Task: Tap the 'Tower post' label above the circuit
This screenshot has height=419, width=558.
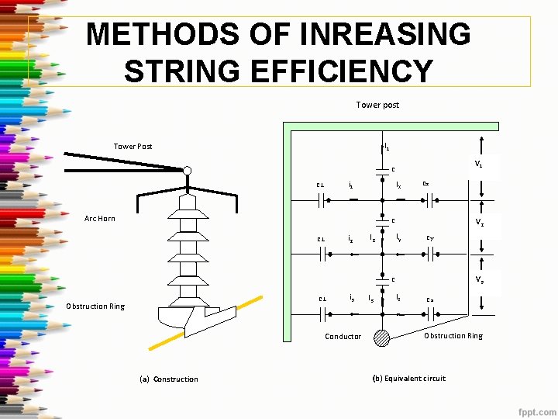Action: [377, 105]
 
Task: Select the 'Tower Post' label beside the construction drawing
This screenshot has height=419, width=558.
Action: [133, 146]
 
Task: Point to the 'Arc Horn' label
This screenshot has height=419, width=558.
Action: [101, 218]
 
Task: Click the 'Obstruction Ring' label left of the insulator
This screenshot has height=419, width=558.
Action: [95, 306]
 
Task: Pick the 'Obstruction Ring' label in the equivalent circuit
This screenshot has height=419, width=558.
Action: [453, 335]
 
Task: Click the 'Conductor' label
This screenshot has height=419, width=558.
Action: [343, 336]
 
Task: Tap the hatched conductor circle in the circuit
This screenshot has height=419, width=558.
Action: [382, 338]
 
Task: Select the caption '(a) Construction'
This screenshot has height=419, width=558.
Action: [168, 379]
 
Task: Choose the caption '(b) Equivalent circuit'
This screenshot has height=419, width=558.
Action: [408, 378]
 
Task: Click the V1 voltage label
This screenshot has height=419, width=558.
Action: [479, 164]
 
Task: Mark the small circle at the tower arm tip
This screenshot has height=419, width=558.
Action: [187, 171]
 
